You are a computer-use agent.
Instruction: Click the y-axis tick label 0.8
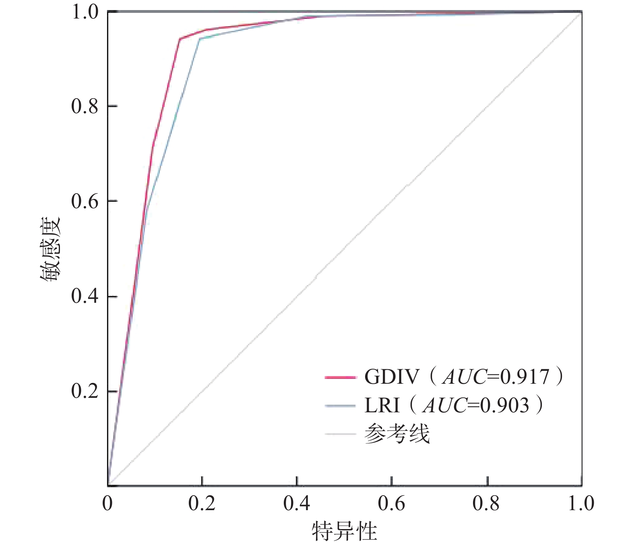[85, 106]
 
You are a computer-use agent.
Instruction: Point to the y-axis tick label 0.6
[85, 201]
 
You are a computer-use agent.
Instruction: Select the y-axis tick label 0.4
[85, 296]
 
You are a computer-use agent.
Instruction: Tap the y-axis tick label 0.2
[85, 391]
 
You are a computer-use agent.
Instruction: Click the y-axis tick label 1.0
[85, 12]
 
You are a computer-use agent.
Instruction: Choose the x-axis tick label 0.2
[202, 504]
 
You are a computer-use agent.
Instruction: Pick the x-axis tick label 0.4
[297, 504]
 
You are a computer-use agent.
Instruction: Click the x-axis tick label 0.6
[391, 504]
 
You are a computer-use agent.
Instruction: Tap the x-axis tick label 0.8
[486, 504]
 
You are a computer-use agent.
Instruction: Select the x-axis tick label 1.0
[581, 504]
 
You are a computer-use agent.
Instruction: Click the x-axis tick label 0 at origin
[107, 504]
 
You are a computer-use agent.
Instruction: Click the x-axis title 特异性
[344, 532]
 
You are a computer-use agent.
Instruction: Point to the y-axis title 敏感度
[50, 250]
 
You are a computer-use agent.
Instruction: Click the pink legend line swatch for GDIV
[340, 378]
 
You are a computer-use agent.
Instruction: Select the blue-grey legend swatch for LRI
[340, 406]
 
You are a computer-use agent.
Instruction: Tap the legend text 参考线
[397, 434]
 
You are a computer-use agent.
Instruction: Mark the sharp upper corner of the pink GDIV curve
[180, 39]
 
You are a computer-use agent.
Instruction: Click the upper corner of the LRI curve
[200, 38]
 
